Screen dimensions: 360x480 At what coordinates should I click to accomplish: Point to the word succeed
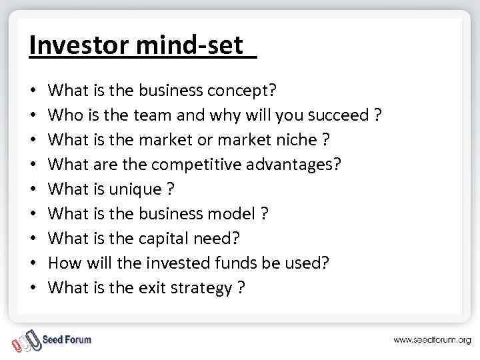click(338, 115)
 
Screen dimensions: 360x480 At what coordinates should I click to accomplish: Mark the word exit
click(153, 287)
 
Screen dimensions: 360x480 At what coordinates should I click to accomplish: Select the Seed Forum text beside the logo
click(67, 339)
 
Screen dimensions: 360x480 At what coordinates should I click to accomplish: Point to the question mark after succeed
click(378, 115)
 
